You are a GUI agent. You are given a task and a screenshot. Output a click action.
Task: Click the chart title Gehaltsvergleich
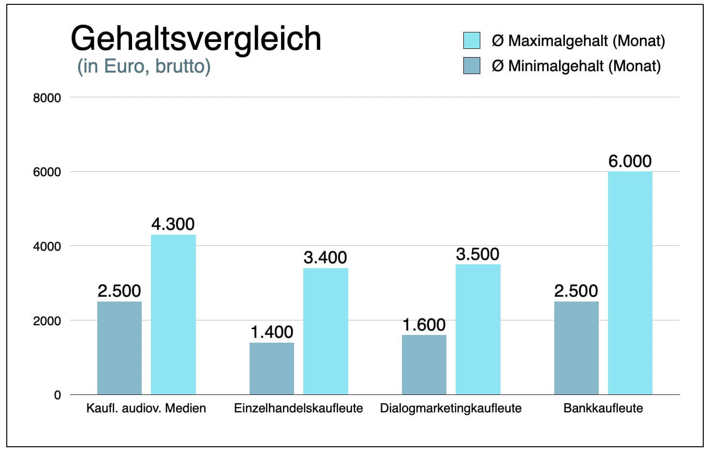coord(196,38)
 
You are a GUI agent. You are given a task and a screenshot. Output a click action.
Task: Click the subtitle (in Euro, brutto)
coord(144,66)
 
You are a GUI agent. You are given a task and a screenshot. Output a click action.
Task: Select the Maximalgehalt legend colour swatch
coord(471,41)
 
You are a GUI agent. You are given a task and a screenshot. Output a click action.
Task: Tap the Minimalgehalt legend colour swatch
coord(471,66)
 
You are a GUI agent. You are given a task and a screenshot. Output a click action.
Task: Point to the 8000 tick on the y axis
coord(47,98)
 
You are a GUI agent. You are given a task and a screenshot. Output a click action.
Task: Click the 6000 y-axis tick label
coord(47,172)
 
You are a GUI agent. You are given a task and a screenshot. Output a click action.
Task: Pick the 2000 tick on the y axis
coord(47,321)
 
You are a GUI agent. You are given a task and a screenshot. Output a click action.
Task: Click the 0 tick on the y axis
coord(57,395)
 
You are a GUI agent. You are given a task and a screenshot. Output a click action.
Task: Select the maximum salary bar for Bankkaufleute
coord(630,283)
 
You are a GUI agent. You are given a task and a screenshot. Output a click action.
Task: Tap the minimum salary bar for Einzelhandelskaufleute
coord(271,368)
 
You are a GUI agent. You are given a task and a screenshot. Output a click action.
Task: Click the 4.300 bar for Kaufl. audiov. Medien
coord(173,315)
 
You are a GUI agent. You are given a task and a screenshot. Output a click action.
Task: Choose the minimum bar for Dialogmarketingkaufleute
coord(424,364)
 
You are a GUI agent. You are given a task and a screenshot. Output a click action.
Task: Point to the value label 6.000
coord(630,161)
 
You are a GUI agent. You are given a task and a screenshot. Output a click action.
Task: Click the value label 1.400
coord(271,332)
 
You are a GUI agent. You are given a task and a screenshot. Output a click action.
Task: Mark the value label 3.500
coord(477,254)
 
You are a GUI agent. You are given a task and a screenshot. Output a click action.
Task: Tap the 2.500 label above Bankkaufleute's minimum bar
coord(576,291)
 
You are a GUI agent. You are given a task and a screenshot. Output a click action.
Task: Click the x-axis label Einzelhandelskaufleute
coord(298,408)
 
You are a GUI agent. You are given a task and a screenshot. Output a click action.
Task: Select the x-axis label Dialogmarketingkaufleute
coord(451,408)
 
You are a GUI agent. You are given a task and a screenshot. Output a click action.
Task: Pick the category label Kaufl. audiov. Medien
coord(146,408)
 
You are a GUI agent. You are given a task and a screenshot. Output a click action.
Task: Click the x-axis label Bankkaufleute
coord(603,408)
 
